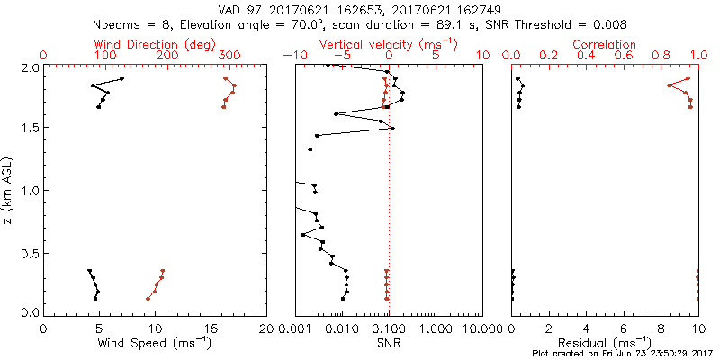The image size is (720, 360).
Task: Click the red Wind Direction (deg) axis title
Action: [x=155, y=44]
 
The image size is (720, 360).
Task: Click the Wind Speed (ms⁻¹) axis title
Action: [x=155, y=343]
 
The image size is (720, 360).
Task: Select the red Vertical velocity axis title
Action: [x=388, y=44]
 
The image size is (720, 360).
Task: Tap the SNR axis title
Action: [x=389, y=343]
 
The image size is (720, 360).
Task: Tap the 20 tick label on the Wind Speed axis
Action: [x=266, y=329]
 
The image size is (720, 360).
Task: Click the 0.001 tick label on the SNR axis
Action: [x=295, y=329]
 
